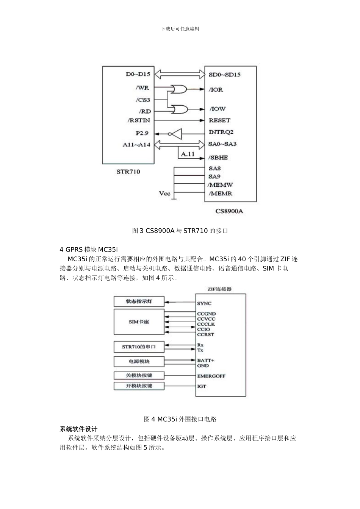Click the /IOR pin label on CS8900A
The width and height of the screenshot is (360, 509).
click(x=216, y=90)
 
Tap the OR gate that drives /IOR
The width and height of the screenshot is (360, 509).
click(x=178, y=89)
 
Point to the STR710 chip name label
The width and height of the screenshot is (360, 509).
click(x=128, y=172)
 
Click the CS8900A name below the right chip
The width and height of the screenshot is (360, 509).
click(x=229, y=211)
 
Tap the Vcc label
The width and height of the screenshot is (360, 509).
click(x=164, y=194)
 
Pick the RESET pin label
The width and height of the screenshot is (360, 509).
click(x=219, y=120)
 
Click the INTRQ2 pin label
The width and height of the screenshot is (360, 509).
click(x=221, y=132)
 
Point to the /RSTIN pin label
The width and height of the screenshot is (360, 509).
click(x=139, y=120)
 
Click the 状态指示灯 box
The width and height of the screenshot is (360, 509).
click(x=139, y=301)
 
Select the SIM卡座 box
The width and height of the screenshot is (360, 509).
click(x=139, y=322)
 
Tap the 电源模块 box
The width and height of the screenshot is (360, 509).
click(x=139, y=361)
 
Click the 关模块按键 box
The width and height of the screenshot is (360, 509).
click(x=139, y=375)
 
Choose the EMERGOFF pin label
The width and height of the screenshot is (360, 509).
click(x=211, y=376)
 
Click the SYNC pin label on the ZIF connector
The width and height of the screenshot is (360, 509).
click(x=204, y=303)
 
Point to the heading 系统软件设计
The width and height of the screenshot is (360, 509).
click(x=78, y=429)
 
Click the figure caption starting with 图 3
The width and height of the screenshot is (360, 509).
click(x=180, y=231)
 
